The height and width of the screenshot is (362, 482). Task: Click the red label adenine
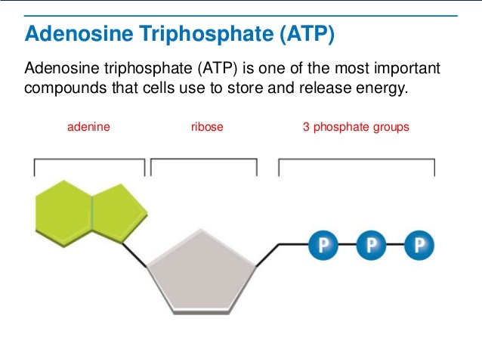point(88,127)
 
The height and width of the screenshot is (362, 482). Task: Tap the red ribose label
point(207,127)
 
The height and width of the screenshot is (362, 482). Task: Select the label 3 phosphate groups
point(356,127)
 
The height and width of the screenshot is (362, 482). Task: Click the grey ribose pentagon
point(202,272)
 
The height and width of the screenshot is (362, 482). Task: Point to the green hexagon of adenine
point(64,213)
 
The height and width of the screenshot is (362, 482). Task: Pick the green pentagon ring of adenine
point(119,213)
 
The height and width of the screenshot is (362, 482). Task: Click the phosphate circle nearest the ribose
point(323,245)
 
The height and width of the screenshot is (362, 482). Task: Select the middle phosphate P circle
point(372,245)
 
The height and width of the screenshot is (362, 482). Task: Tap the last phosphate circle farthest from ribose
point(419,245)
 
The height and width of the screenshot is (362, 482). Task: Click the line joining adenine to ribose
point(134,255)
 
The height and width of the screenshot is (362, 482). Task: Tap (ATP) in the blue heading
point(307,34)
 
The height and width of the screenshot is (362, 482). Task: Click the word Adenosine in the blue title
point(79,33)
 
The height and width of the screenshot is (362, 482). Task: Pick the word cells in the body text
point(159,88)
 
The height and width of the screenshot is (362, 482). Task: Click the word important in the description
point(407,68)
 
